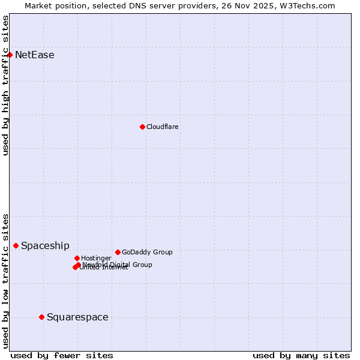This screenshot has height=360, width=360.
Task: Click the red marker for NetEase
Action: [x=10, y=55]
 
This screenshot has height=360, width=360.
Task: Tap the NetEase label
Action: [x=35, y=55]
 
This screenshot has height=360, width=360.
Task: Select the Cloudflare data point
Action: [x=142, y=127]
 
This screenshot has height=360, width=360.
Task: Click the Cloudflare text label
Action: [x=163, y=127]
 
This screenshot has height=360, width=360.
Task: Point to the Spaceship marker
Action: [x=16, y=245]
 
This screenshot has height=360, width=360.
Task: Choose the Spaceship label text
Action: [x=45, y=245]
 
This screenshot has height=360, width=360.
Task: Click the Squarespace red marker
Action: [x=41, y=317]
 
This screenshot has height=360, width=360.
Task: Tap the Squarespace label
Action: [x=77, y=317]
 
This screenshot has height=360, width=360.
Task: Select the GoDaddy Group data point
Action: [x=118, y=252]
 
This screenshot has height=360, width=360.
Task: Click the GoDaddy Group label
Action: [x=147, y=252]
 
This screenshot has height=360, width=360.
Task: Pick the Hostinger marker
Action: [x=77, y=258]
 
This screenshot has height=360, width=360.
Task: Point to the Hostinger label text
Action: [x=97, y=258]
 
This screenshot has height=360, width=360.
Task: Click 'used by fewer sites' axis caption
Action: [x=62, y=355]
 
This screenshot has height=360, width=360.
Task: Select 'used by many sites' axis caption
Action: [x=301, y=355]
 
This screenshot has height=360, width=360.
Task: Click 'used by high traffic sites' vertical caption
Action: [x=5, y=85]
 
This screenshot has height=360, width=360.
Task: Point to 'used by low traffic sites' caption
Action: [x=5, y=280]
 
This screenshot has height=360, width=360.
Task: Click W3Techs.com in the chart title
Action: [x=307, y=5]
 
